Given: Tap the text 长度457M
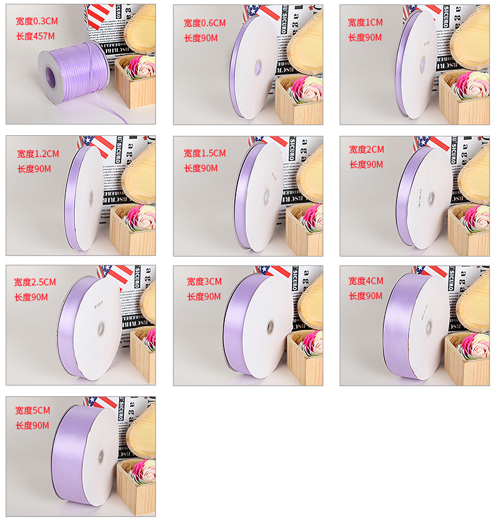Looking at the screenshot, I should pyautogui.click(x=35, y=36).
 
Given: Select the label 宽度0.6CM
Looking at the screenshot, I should pyautogui.click(x=204, y=23).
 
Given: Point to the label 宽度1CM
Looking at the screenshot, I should pyautogui.click(x=365, y=22).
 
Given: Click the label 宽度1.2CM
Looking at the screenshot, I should pyautogui.click(x=38, y=153).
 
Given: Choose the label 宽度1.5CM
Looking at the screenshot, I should pyautogui.click(x=204, y=153).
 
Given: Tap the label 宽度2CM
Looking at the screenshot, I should pyautogui.click(x=367, y=150).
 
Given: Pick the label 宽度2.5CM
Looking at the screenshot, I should pyautogui.click(x=35, y=282).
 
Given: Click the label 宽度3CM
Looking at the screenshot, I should pyautogui.click(x=204, y=282).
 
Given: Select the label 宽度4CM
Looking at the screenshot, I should pyautogui.click(x=366, y=280).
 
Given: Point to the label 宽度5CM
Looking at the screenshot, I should pyautogui.click(x=33, y=411).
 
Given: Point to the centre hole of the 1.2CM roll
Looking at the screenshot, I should pyautogui.click(x=91, y=198).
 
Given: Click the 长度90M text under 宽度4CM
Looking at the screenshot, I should pyautogui.click(x=365, y=296).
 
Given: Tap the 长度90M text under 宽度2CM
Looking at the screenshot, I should pyautogui.click(x=366, y=165).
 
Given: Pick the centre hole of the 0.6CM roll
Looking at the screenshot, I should pyautogui.click(x=257, y=65).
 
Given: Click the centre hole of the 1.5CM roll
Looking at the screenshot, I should pyautogui.click(x=266, y=197).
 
